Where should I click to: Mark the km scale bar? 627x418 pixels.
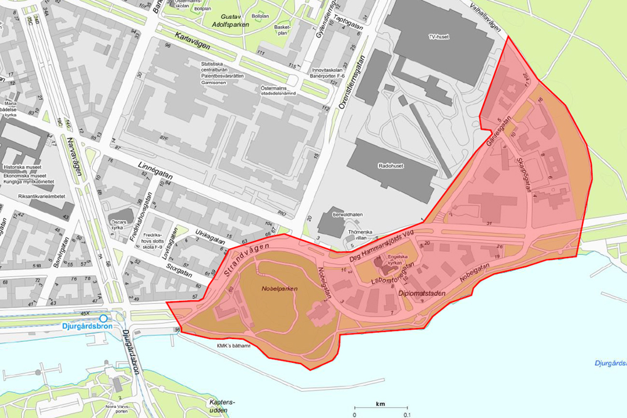point(380,407)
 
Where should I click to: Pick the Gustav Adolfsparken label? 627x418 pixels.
point(231,21)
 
